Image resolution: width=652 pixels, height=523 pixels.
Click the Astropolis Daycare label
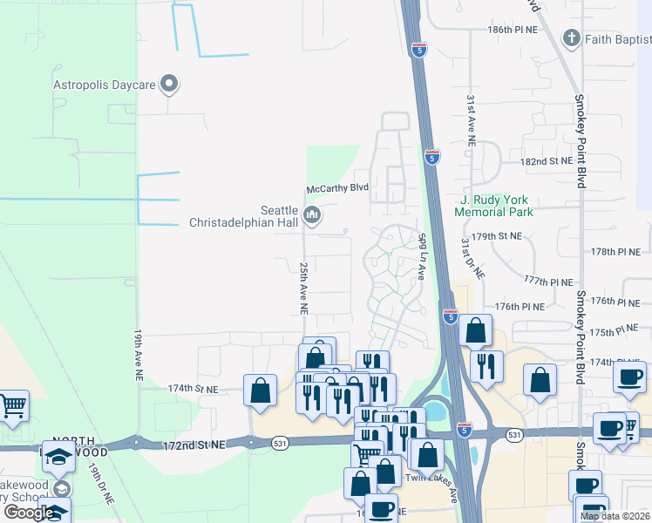pyautogui.click(x=104, y=85)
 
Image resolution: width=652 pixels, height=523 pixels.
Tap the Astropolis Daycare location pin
pyautogui.click(x=171, y=85)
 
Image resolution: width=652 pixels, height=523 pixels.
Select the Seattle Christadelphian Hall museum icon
pyautogui.click(x=312, y=214)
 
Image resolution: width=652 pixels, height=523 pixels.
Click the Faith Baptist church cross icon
pyautogui.click(x=571, y=38)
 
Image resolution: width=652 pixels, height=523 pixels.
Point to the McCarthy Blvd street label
pyautogui.click(x=337, y=188)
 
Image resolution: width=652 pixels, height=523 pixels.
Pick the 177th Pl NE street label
pyautogui.click(x=548, y=282)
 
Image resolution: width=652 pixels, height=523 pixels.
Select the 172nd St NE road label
pyautogui.click(x=200, y=445)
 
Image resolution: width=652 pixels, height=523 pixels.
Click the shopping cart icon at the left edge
pyautogui.click(x=12, y=405)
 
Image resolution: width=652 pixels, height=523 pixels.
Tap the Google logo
pyautogui.click(x=28, y=513)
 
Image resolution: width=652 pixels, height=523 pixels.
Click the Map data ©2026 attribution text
pyautogui.click(x=615, y=516)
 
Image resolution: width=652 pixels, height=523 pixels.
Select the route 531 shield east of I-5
pyautogui.click(x=515, y=433)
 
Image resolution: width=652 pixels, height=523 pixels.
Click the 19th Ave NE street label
pyautogui.click(x=139, y=355)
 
